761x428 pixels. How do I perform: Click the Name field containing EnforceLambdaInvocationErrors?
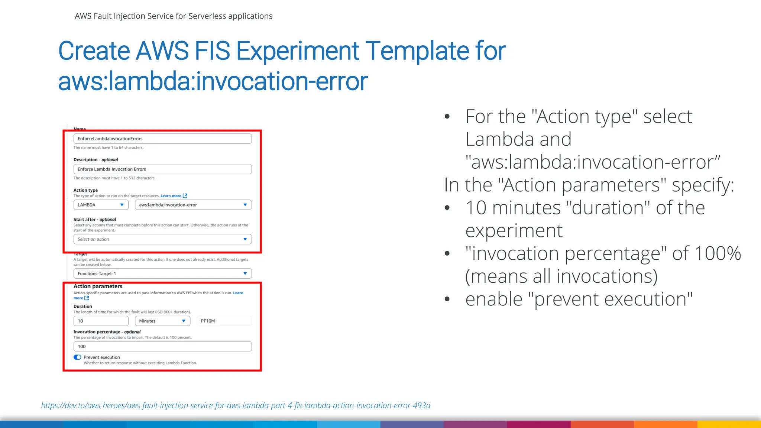click(162, 139)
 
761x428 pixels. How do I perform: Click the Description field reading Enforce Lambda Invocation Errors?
click(162, 169)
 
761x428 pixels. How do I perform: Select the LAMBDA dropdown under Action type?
click(101, 205)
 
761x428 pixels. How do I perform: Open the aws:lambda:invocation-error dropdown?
click(193, 205)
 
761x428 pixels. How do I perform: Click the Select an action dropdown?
click(162, 239)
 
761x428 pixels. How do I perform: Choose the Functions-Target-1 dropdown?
click(162, 273)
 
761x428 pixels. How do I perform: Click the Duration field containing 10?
click(101, 321)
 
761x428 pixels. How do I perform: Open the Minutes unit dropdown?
click(162, 321)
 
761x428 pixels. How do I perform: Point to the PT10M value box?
click(224, 321)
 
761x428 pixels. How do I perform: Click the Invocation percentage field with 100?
click(162, 346)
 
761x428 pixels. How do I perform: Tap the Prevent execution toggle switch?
click(77, 357)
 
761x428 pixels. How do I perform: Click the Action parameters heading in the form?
click(98, 286)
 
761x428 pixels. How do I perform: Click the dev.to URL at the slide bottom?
click(236, 406)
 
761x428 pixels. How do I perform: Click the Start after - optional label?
click(95, 220)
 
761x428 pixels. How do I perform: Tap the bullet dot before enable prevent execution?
click(447, 299)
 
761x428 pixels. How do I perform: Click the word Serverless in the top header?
click(207, 16)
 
